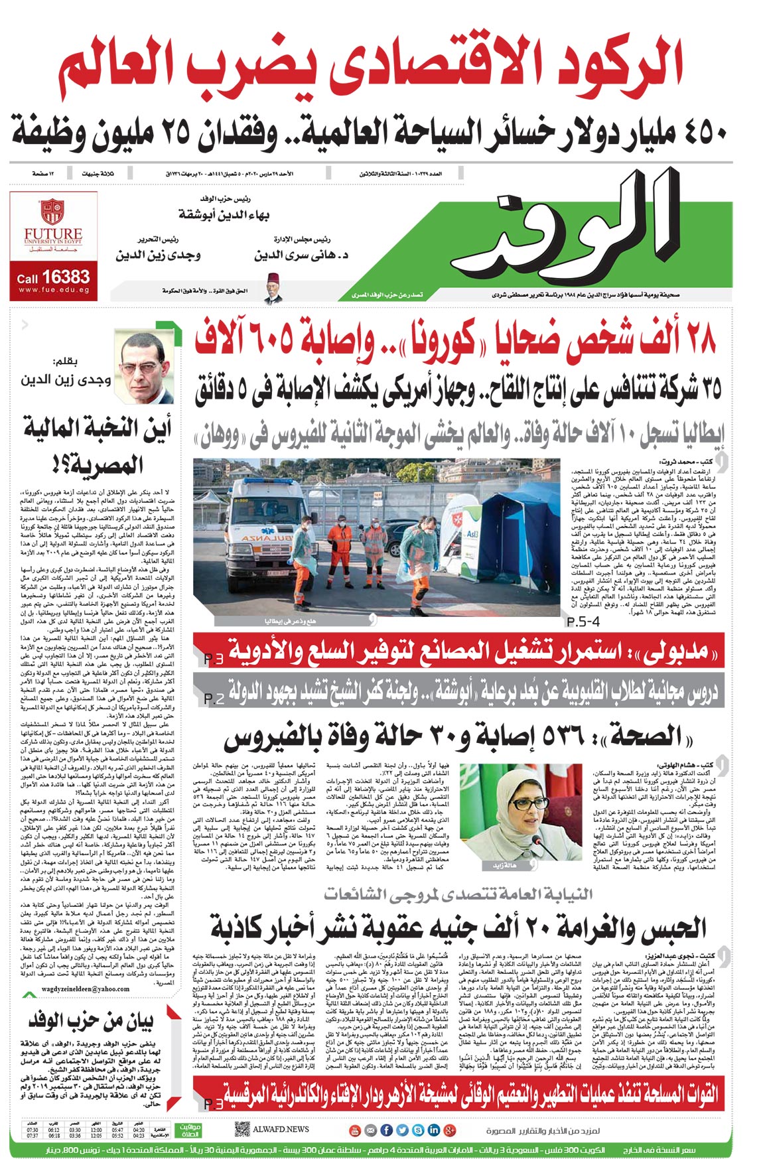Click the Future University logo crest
tap(52, 212)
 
